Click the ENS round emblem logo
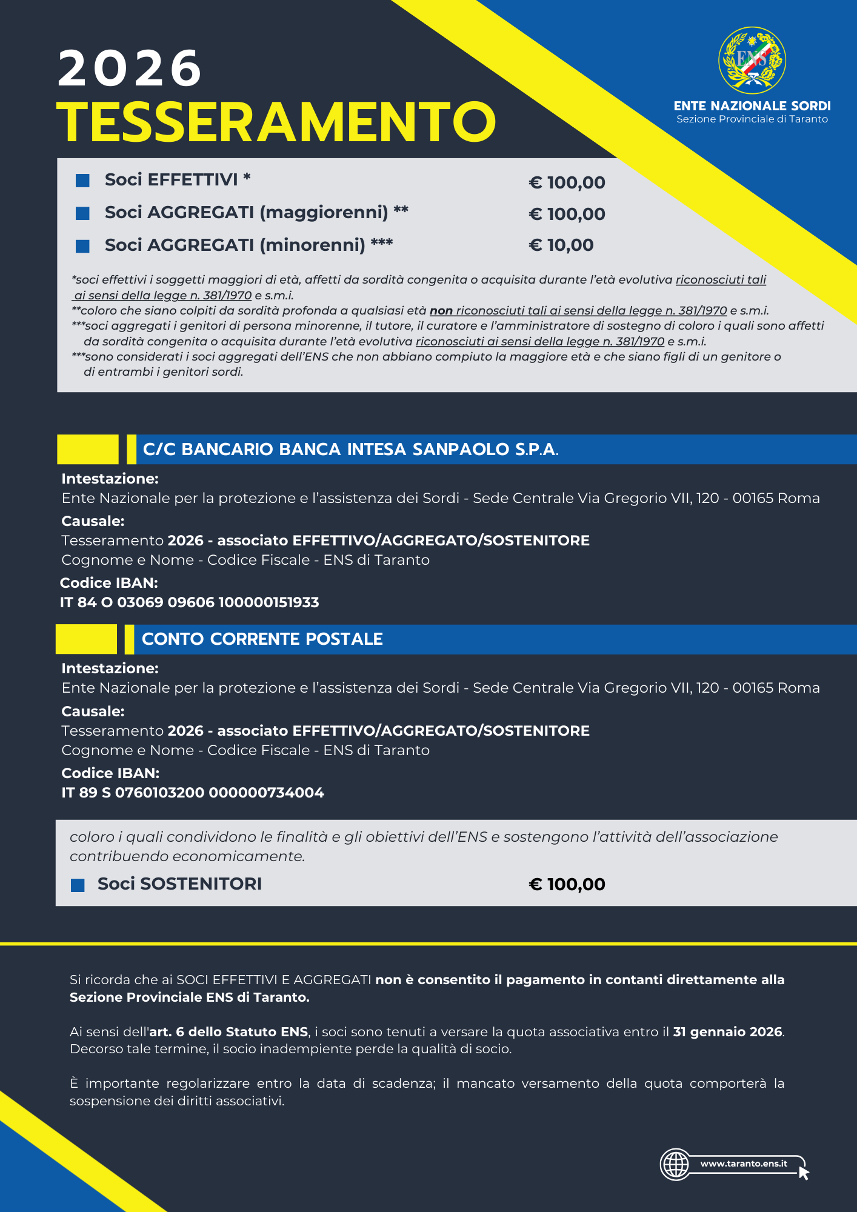752,60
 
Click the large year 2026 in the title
129,68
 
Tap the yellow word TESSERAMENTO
276,122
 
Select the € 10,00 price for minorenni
561,245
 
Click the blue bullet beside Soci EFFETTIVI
82,181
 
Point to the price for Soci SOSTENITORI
567,884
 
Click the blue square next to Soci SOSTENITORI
78,885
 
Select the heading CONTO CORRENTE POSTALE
262,639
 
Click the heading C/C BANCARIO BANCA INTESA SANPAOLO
350,450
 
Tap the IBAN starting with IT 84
189,602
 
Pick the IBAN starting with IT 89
193,793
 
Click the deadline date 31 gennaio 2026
727,1031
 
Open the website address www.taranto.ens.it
744,1164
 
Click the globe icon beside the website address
676,1164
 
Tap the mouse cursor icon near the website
804,1173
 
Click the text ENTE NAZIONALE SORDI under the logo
752,106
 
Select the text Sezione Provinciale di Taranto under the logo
752,119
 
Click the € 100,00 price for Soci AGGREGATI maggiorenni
567,214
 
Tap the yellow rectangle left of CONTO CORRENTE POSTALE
86,639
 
